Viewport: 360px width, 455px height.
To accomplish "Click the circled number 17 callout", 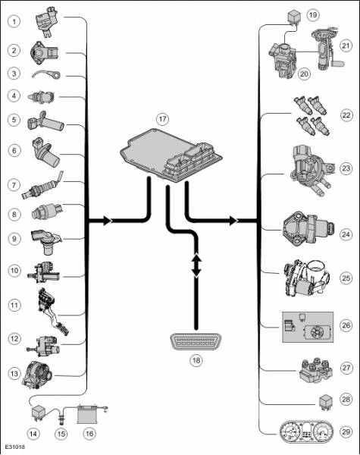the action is point(162,119).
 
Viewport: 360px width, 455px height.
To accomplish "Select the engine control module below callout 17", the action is point(171,155).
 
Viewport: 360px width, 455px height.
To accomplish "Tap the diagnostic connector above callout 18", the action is point(196,341).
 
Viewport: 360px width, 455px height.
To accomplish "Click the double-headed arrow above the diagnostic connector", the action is point(196,265).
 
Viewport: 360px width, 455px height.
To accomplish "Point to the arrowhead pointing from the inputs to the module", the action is point(108,221).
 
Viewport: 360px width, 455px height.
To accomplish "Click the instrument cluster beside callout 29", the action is point(306,432).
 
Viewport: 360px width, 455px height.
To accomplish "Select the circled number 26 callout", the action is point(346,325).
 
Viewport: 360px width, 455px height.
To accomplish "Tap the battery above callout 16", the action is point(87,414).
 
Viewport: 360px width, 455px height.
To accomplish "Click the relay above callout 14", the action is point(39,413).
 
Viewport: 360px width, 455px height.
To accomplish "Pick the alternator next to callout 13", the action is point(37,375).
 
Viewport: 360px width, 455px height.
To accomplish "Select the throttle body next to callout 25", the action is point(306,278).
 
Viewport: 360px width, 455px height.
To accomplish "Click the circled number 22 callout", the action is point(346,115).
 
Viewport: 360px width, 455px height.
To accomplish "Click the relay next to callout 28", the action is point(325,403).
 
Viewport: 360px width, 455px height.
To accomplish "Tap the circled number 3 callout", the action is point(14,73).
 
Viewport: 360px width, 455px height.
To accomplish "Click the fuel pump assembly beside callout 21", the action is point(327,49).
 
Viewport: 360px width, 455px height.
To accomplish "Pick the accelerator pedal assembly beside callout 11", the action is point(52,311).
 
